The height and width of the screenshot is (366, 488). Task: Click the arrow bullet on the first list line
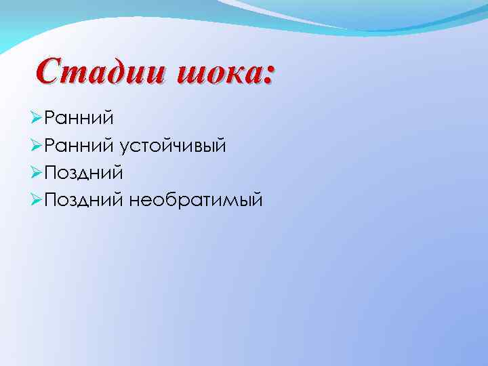(x=37, y=119)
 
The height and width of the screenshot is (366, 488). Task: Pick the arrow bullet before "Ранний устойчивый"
(x=37, y=146)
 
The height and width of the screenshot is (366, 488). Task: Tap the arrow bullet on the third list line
(x=37, y=173)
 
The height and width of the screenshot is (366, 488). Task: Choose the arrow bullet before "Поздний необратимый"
(x=37, y=200)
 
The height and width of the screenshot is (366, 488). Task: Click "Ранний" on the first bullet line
(x=79, y=119)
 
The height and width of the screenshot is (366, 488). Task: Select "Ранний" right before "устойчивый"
(x=79, y=146)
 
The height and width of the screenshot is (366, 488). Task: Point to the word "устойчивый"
(x=172, y=146)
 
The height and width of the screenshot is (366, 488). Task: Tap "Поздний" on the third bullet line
(x=83, y=173)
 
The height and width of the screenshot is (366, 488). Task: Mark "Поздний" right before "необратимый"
(x=83, y=200)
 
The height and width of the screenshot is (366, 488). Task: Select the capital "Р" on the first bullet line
(x=49, y=119)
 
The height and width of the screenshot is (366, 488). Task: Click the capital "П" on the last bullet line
(x=50, y=200)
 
